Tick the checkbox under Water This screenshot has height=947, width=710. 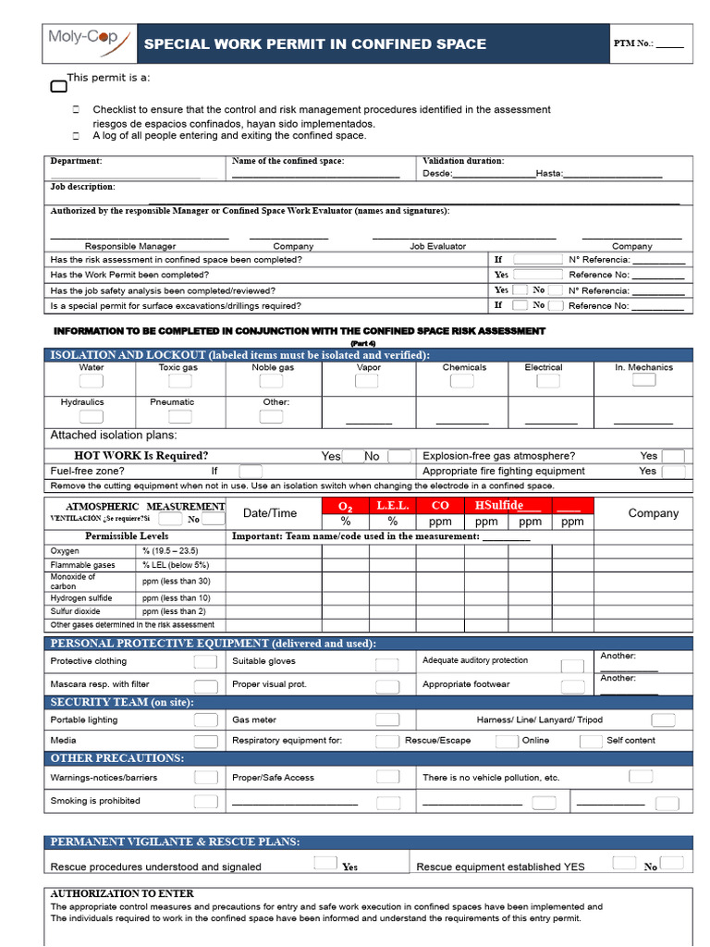pos(92,381)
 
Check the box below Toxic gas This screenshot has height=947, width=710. pos(177,381)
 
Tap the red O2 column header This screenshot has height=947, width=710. pos(346,506)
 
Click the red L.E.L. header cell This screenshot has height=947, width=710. pos(392,506)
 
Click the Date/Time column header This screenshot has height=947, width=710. pos(270,513)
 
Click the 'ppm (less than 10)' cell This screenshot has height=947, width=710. pos(176,598)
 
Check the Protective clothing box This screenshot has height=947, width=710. pos(205,662)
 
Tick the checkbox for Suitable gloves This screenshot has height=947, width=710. pos(386,664)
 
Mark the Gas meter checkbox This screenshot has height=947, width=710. pos(386,719)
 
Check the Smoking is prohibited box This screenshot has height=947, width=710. pos(205,802)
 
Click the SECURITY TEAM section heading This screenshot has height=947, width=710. pos(122,703)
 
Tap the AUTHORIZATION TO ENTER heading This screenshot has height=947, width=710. pos(122,894)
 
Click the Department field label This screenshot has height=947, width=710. pos(76,161)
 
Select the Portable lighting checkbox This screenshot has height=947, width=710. pos(205,719)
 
